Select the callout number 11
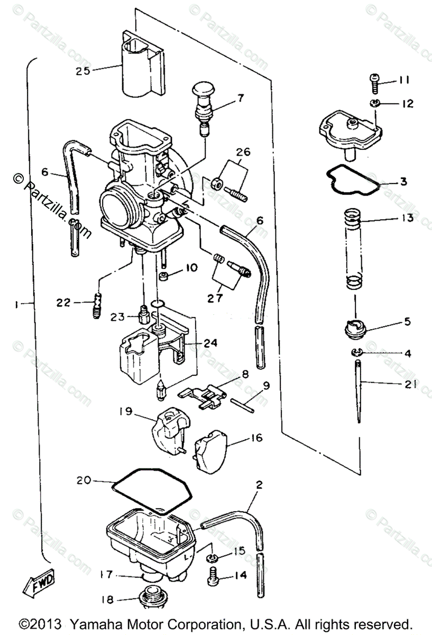(404, 80)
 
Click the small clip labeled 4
(356, 352)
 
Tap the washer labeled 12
(375, 102)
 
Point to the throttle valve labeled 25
(140, 66)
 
